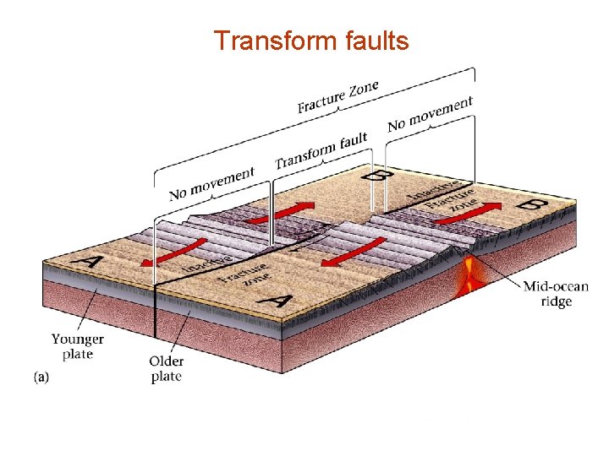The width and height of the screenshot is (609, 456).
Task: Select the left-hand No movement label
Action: (x=211, y=182)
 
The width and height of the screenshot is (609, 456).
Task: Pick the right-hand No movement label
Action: (x=430, y=114)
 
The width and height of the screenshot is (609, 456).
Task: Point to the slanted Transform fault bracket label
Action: (x=321, y=149)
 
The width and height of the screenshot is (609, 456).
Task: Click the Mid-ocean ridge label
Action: (x=555, y=294)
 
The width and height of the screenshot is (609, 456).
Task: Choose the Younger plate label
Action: (x=78, y=346)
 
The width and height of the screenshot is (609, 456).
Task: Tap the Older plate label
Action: (x=167, y=368)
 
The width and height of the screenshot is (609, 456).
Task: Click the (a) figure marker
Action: (x=41, y=377)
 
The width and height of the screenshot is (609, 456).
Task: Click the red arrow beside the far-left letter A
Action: (x=174, y=251)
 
